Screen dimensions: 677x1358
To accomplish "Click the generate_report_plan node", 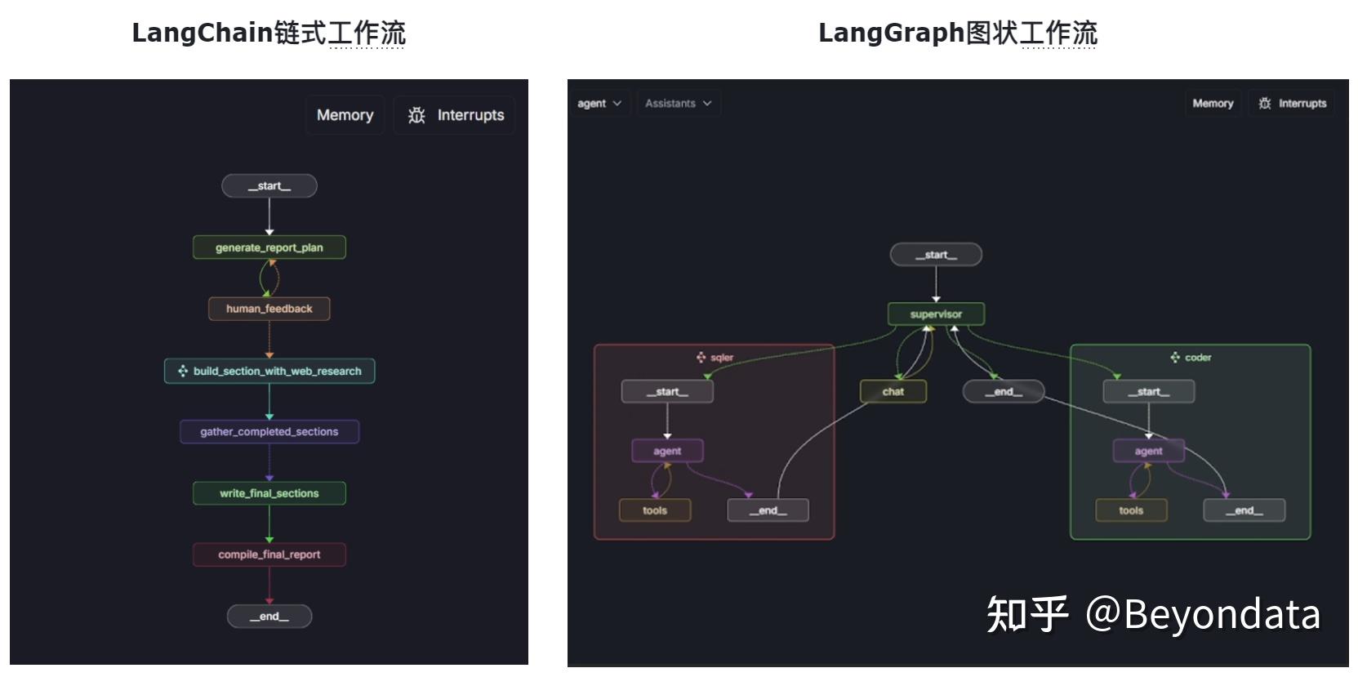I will [x=269, y=247].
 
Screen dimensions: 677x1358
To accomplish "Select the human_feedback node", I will [x=269, y=309].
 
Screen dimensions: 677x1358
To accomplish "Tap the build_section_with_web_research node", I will [x=269, y=371].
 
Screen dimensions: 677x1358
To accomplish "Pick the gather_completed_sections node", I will [x=269, y=431].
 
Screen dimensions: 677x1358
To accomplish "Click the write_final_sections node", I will [x=269, y=493].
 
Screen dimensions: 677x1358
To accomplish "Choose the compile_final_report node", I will [x=269, y=555].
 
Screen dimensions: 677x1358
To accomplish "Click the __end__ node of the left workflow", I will [x=269, y=617].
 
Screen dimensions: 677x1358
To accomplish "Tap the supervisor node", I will [x=936, y=314].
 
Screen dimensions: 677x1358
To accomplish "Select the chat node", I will [x=893, y=392].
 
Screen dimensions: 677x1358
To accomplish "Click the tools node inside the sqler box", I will [x=654, y=510].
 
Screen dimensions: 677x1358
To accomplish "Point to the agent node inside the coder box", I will [x=1148, y=451].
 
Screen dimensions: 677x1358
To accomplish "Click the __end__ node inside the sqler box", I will [x=768, y=510].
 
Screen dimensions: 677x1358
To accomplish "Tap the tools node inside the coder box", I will [x=1131, y=510].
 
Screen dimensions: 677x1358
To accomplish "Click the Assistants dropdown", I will [x=678, y=104].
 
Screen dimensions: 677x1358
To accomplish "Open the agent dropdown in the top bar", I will [x=599, y=104].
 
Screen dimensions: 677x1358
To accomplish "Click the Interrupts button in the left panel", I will [x=455, y=115].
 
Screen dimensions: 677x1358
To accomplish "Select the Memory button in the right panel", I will [x=1213, y=104].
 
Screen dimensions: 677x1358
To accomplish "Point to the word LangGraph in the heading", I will [x=891, y=33].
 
